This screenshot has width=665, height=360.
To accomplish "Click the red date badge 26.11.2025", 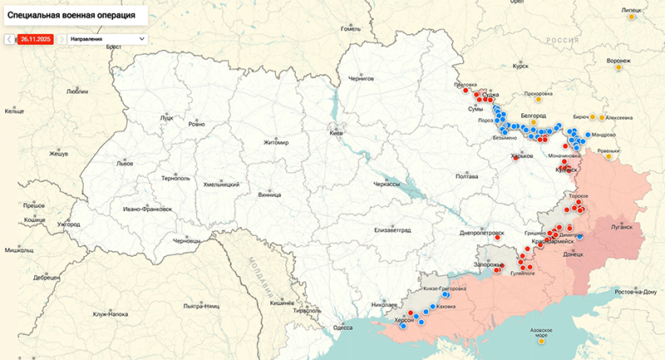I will [36, 39].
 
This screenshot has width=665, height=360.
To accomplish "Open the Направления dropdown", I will [106, 39].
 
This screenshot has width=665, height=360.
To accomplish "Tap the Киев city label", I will [337, 133].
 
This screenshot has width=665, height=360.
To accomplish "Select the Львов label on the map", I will [125, 164].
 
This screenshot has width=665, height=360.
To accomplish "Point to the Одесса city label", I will [342, 328].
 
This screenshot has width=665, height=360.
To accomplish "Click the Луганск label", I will [621, 226].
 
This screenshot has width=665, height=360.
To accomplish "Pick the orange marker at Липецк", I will [632, 17].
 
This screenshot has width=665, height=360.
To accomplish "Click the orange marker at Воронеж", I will [618, 68].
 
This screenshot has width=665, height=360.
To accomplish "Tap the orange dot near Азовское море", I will [542, 340].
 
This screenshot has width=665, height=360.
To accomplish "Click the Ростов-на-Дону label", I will [636, 292].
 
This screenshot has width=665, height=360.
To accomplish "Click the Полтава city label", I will [467, 176].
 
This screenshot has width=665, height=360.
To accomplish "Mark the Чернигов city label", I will [362, 78].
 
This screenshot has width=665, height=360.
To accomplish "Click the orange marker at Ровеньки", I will [609, 156].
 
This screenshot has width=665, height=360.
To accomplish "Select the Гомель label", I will [351, 28].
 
